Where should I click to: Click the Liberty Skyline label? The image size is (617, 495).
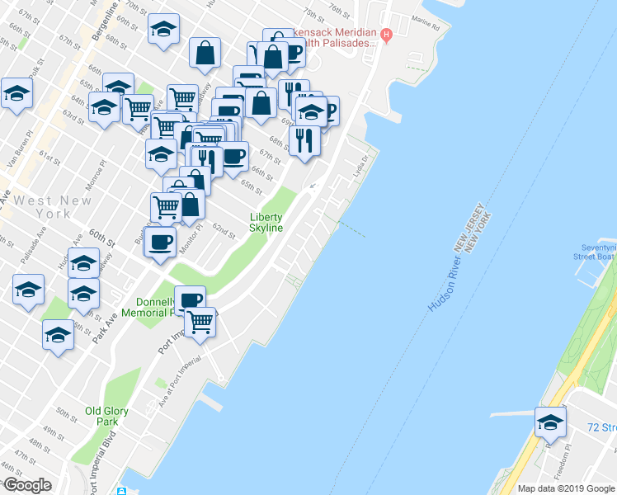(x=266, y=223)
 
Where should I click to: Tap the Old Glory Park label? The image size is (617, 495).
(x=101, y=416)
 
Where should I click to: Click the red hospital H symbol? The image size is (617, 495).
(x=386, y=34)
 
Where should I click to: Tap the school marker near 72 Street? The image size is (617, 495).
(x=550, y=422)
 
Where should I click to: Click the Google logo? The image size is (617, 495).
(x=27, y=485)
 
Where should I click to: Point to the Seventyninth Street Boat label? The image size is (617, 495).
(x=595, y=252)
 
